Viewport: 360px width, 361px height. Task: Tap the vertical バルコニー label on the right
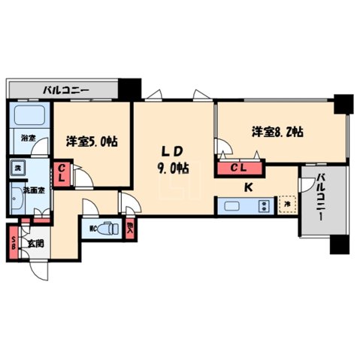[321, 197]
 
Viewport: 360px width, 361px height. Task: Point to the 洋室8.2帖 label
[277, 131]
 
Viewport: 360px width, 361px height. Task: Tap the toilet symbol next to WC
[108, 226]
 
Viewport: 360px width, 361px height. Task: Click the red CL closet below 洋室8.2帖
[239, 168]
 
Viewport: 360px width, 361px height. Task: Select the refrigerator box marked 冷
[286, 203]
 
